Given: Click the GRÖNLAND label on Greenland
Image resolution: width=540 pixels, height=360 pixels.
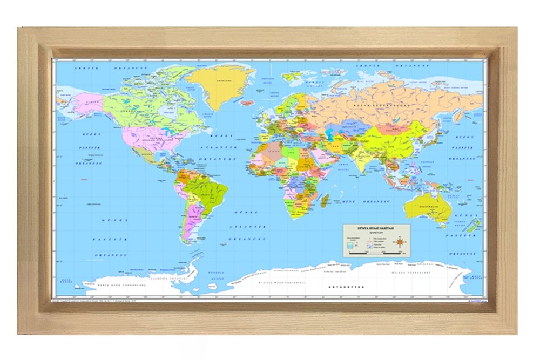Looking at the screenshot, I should [220, 80].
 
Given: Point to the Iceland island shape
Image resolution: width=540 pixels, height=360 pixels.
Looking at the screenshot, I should [248, 102].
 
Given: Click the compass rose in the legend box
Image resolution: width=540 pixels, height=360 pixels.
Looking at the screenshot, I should [400, 241].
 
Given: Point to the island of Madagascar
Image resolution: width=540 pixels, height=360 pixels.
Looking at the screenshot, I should [325, 202].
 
